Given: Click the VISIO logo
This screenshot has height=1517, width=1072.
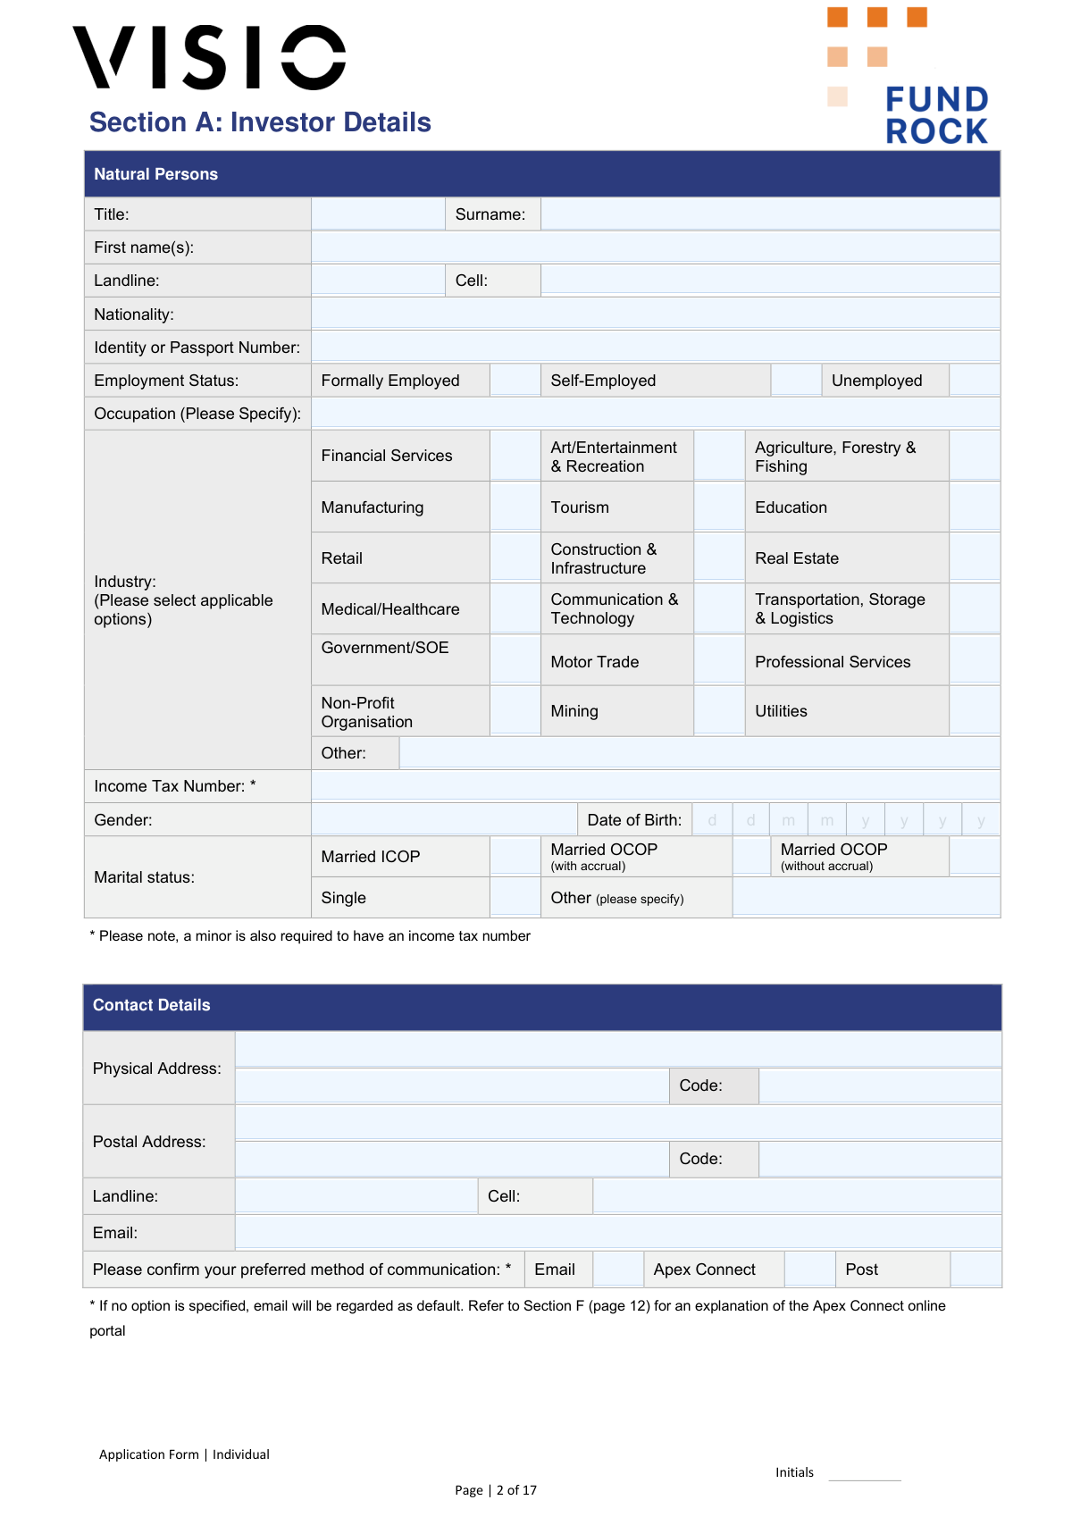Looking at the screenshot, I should pos(209,57).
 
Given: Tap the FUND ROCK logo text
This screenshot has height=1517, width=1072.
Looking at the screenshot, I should pos(936,114).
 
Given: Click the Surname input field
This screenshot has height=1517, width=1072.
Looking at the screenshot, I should pos(769,214).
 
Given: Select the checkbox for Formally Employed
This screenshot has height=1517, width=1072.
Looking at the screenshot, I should pos(515,381).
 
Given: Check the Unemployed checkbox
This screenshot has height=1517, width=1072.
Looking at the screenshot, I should pos(974,381).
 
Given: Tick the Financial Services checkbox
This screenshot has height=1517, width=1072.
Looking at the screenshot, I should pos(515,456).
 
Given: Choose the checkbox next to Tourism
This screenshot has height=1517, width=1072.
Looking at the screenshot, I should pos(719,507).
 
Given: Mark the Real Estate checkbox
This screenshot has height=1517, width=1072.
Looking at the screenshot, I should pos(974,558).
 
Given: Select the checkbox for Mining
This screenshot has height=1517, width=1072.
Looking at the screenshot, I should pos(719,711).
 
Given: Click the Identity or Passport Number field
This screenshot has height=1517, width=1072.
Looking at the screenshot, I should pos(655,348).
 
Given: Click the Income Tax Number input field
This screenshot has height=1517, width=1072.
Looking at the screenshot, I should pos(655,786).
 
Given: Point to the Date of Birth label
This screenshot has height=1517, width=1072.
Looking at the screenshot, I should pos(634,820).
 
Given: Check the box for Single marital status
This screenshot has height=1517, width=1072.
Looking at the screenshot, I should pos(515,898).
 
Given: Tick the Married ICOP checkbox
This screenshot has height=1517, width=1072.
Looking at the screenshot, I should pos(515,857).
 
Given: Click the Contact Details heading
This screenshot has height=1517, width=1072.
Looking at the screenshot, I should pos(152,1005).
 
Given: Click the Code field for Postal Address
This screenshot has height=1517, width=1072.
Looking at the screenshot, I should pos(879,1159).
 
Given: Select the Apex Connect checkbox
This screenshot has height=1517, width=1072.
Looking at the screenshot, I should pos(809,1270).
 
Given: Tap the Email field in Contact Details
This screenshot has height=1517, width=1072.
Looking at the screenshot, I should pos(617,1233).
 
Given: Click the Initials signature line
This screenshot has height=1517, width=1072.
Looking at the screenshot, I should pos(864,1474).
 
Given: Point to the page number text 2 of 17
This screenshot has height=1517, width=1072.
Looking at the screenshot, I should pos(516,1490).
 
